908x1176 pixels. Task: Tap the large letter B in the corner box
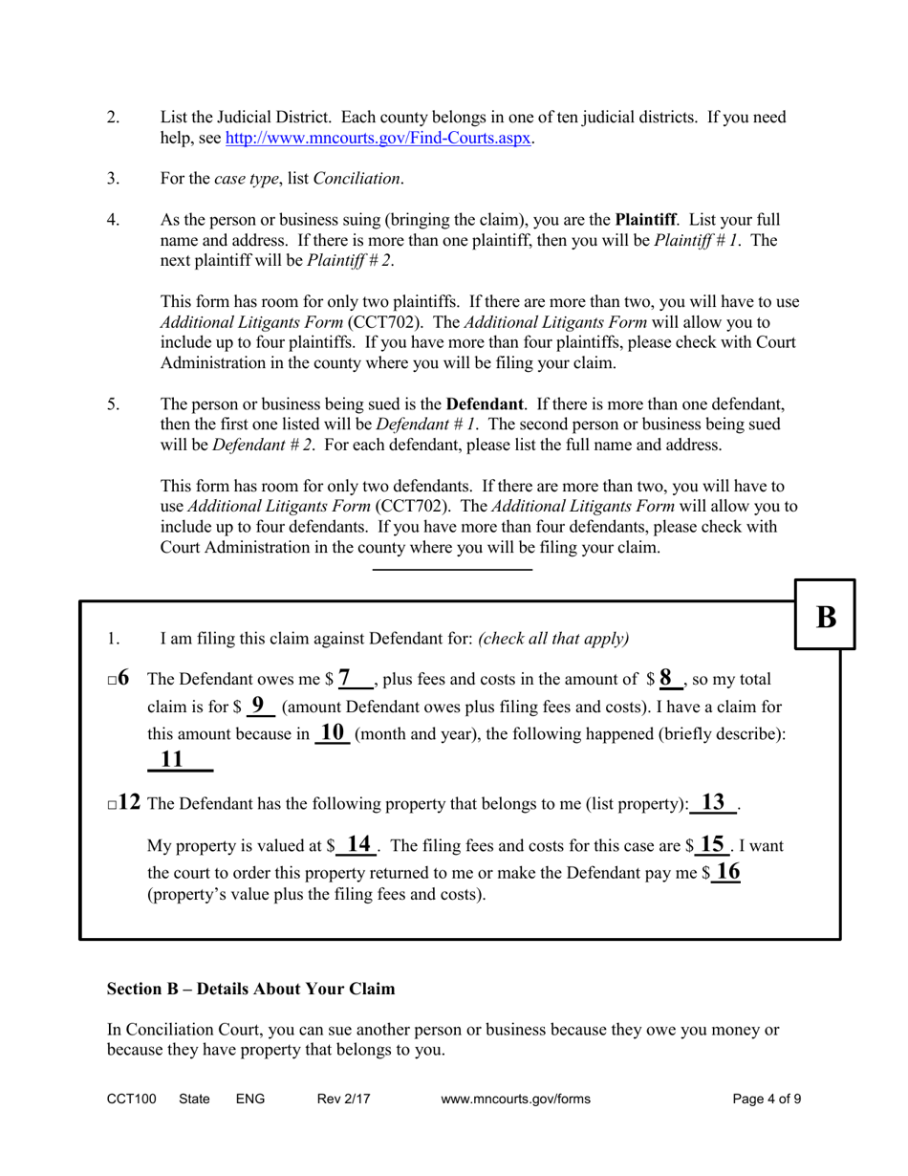(826, 618)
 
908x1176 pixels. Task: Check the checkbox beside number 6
(112, 681)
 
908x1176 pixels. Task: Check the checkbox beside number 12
(112, 805)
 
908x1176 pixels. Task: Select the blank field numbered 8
(669, 680)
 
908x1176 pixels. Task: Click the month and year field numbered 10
(332, 733)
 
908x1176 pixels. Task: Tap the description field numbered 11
(180, 761)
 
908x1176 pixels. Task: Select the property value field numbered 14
(357, 845)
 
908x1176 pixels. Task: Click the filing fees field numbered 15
(712, 845)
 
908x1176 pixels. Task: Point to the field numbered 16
(727, 872)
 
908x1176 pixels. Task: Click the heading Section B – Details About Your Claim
(250, 989)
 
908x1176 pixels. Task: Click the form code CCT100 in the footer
(131, 1099)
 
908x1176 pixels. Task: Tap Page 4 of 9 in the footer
(767, 1099)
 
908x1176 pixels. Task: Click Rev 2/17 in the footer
(343, 1099)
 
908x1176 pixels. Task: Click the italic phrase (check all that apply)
(553, 639)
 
